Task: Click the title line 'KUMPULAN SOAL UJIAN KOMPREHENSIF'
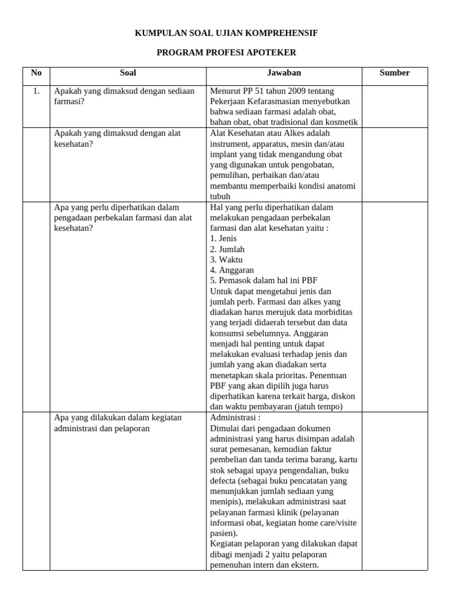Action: coord(226,34)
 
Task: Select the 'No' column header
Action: coord(37,73)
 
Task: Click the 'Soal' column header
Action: coord(128,73)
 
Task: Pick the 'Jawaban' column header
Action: coord(284,73)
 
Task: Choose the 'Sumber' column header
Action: coord(395,73)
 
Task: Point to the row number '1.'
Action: coord(37,91)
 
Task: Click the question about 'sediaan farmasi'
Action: coord(124,96)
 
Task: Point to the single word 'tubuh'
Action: coord(220,197)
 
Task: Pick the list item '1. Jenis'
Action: coord(224,238)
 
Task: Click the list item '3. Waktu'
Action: coord(226,260)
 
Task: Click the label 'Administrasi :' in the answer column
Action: coord(235,418)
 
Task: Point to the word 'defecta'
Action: coord(224,481)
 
